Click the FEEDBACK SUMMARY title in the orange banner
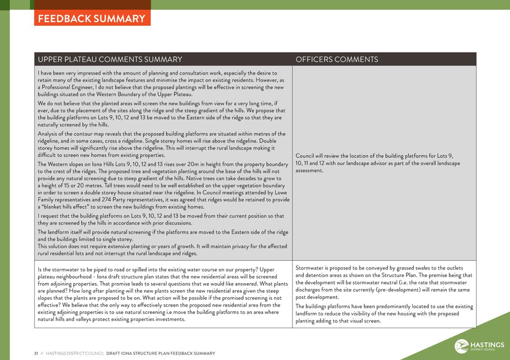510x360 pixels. (92, 19)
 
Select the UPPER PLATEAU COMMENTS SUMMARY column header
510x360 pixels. (110, 59)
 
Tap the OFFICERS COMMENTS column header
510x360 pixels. (337, 59)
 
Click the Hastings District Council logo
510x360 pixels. (479, 346)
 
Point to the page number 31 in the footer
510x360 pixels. (36, 353)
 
